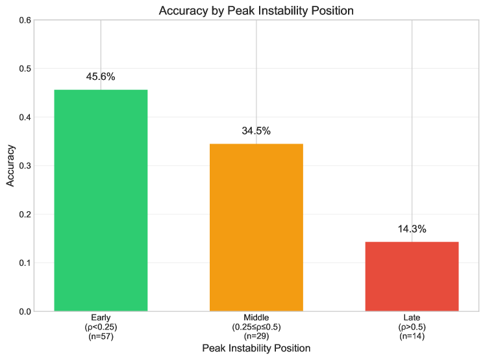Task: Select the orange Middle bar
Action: [256, 227]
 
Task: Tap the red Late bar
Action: [412, 276]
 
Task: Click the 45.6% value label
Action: [101, 77]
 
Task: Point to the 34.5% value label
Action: [256, 131]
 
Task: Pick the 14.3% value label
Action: [412, 229]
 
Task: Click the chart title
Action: [256, 10]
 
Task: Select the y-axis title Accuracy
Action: [10, 166]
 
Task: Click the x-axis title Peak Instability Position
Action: [256, 348]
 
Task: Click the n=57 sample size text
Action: [101, 336]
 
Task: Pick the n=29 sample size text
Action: [256, 336]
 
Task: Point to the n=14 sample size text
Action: [412, 336]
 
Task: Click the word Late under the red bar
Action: [412, 318]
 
